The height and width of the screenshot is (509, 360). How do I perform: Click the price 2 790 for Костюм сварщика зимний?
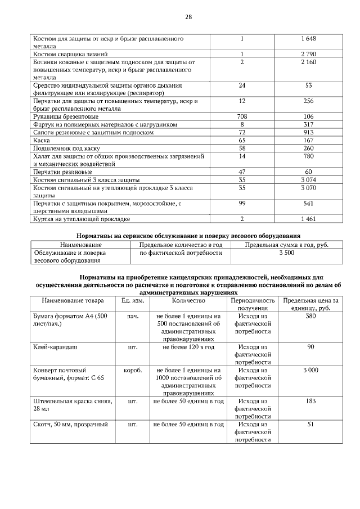(309, 54)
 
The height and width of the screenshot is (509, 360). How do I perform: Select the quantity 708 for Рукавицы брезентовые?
(242, 116)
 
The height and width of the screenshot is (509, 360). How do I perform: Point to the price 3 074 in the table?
(309, 179)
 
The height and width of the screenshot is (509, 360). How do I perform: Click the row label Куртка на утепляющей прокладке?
(82, 218)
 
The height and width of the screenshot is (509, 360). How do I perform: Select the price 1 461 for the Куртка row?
(309, 218)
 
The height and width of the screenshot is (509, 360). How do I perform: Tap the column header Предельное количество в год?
(177, 245)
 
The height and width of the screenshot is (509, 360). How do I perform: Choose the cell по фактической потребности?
(177, 253)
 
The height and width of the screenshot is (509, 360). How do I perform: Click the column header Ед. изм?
(133, 301)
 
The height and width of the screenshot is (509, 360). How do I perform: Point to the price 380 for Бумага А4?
(310, 316)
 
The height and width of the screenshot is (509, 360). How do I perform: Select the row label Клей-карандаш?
(55, 347)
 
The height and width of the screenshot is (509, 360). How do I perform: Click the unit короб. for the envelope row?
(133, 371)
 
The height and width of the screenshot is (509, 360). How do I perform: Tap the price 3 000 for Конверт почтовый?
(310, 371)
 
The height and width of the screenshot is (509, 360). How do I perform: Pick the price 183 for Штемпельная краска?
(310, 402)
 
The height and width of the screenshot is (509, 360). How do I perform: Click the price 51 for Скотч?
(310, 425)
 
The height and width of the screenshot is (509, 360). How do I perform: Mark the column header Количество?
(188, 301)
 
